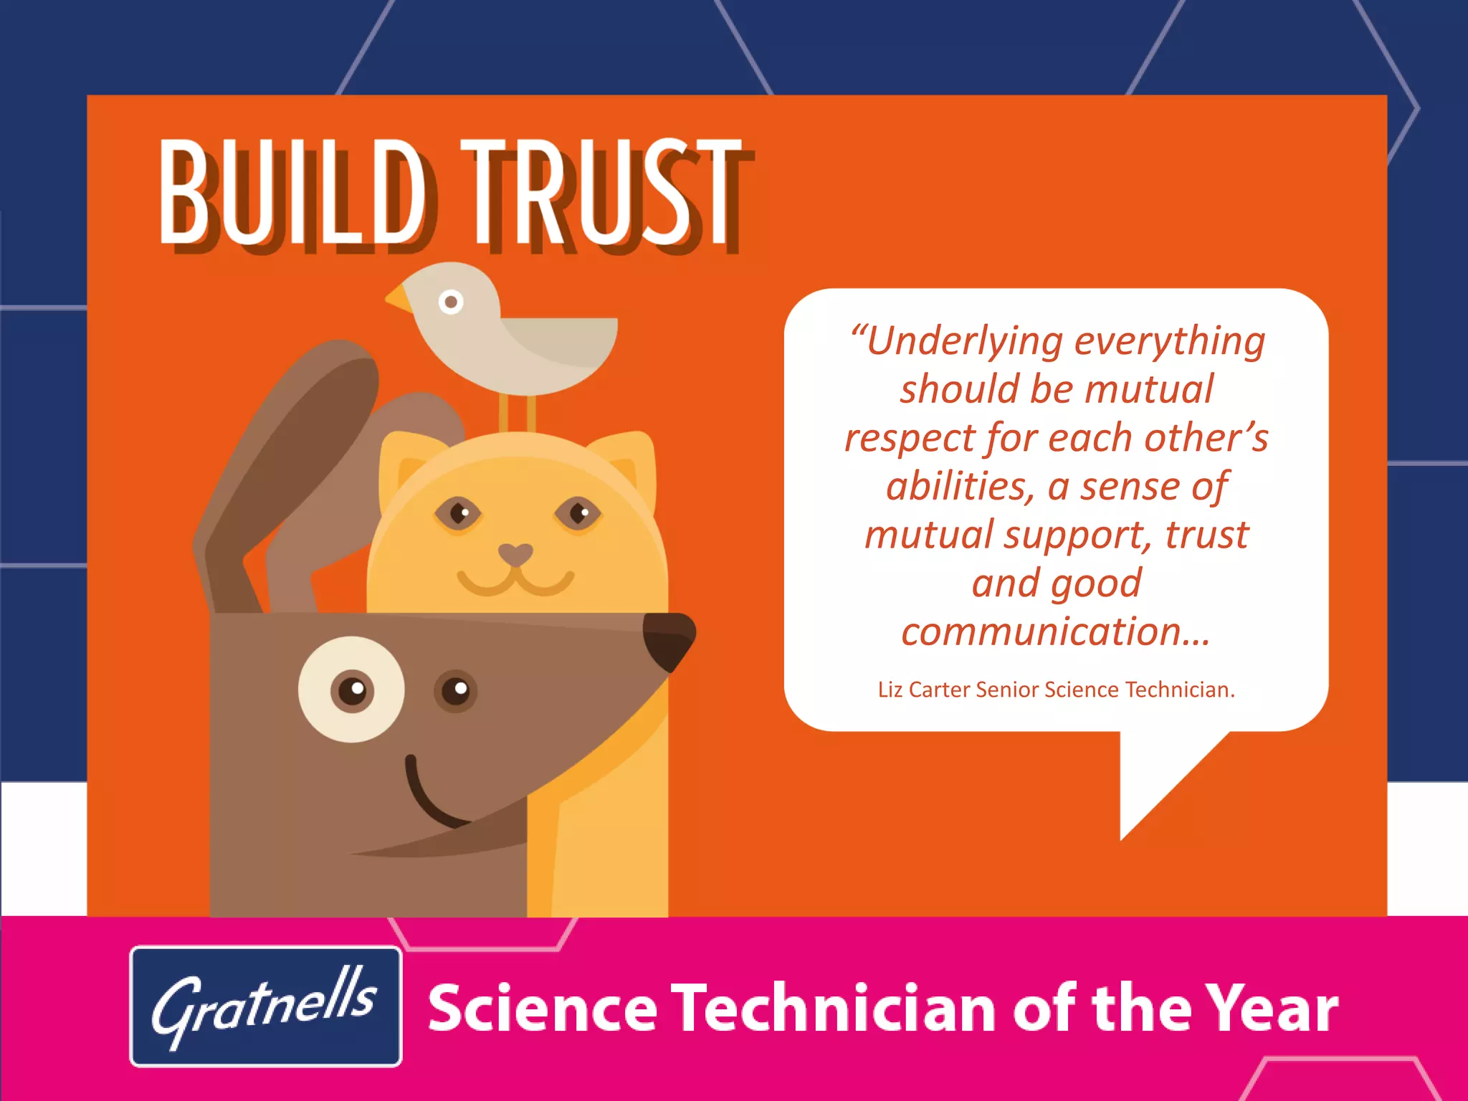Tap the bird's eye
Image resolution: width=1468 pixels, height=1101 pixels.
(451, 302)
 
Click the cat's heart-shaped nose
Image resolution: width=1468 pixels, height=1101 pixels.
(515, 554)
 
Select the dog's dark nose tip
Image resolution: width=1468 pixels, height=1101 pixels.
(668, 638)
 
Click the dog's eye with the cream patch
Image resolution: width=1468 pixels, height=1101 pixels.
(352, 690)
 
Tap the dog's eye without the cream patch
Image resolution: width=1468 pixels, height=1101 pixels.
(456, 690)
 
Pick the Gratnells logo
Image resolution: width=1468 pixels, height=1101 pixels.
(265, 1006)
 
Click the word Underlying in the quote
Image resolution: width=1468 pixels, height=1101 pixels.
(965, 341)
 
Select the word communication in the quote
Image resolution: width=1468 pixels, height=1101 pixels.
(1056, 631)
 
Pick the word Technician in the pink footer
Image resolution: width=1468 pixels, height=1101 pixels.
(833, 1008)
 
